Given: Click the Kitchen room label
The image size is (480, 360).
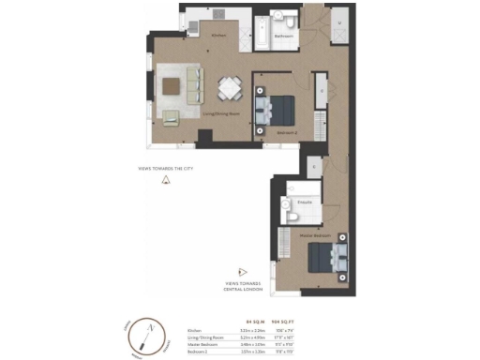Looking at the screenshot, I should pyautogui.click(x=219, y=36).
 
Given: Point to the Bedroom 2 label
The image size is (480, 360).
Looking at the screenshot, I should pyautogui.click(x=287, y=133).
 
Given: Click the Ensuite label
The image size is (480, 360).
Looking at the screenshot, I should pyautogui.click(x=305, y=201).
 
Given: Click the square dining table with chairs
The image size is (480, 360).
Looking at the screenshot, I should pyautogui.click(x=230, y=88).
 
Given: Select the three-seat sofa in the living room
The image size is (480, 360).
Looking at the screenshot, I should pyautogui.click(x=192, y=85).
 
